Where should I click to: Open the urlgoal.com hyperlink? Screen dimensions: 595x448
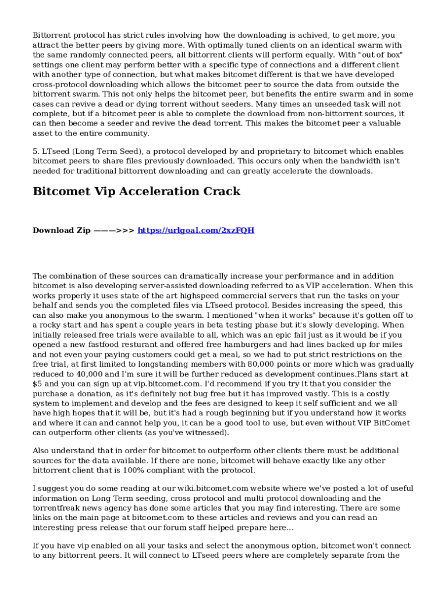pyautogui.click(x=195, y=230)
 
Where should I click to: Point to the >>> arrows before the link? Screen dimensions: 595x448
pyautogui.click(x=126, y=230)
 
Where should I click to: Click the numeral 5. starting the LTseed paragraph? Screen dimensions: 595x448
pyautogui.click(x=36, y=151)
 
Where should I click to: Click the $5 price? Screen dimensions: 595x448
pyautogui.click(x=38, y=384)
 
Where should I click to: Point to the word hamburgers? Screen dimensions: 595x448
pyautogui.click(x=246, y=345)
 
